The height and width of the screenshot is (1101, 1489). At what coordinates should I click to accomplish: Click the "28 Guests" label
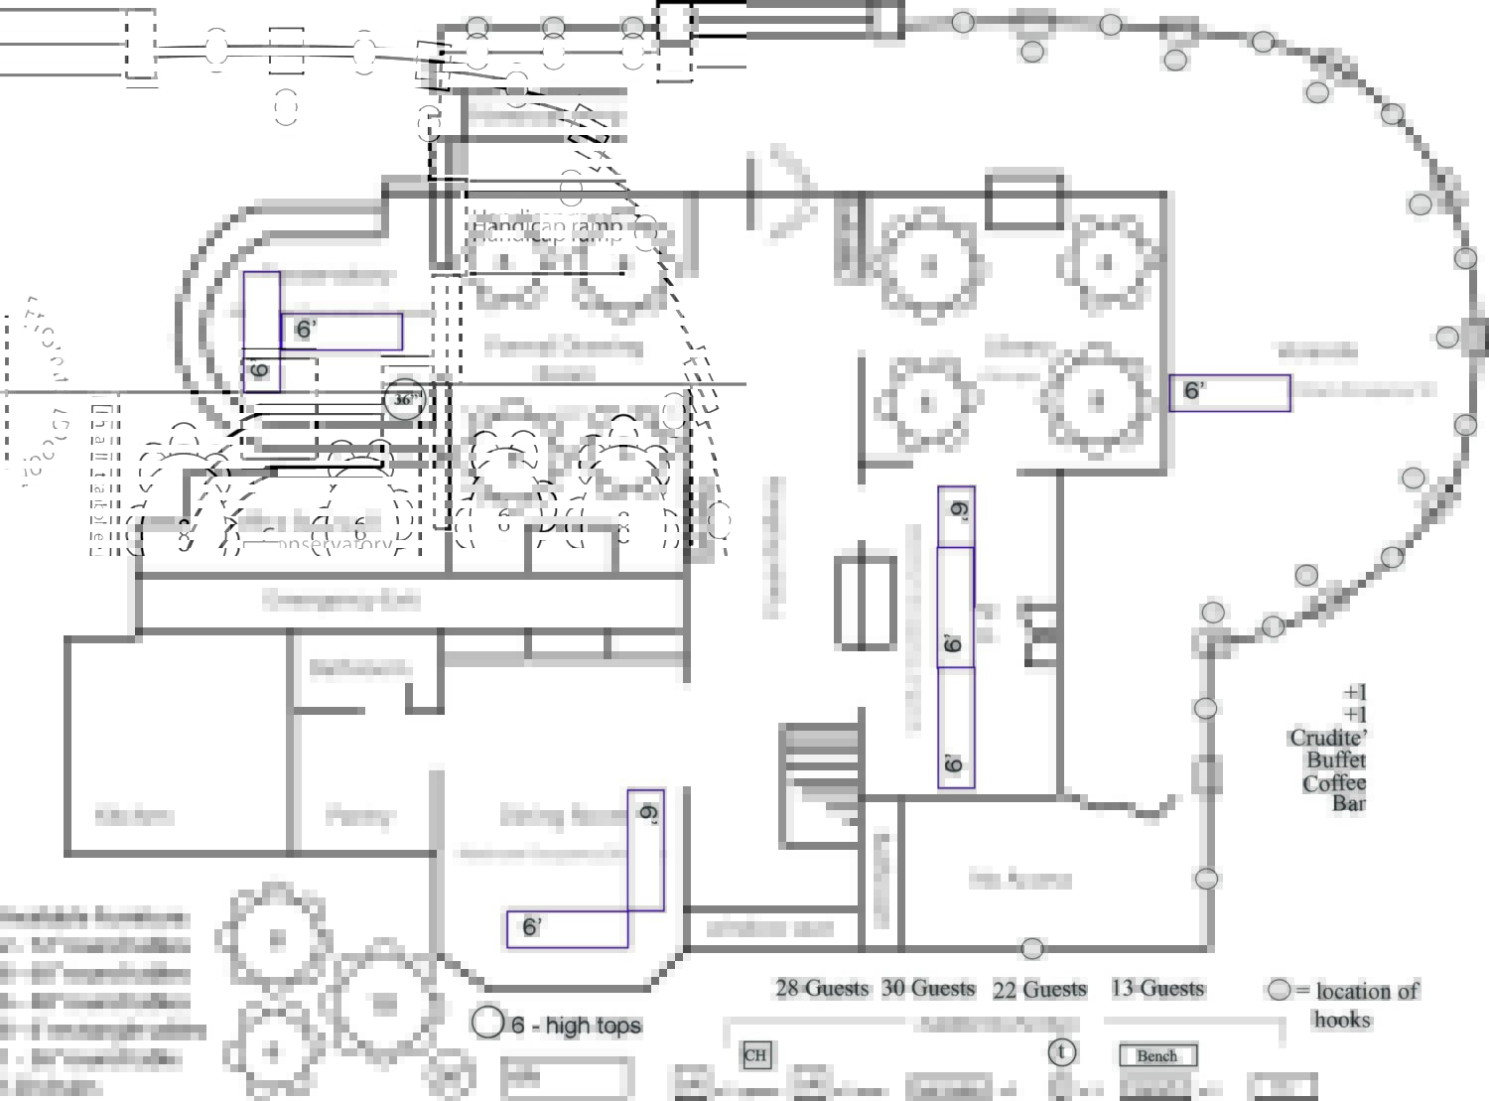pos(821,988)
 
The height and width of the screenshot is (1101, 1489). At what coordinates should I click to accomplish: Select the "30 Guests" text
pos(928,988)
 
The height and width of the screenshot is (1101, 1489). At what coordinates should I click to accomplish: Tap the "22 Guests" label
pos(1039,989)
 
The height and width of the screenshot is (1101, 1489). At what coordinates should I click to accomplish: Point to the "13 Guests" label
pos(1156,988)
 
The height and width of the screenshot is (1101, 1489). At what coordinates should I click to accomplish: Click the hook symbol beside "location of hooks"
pos(1279,990)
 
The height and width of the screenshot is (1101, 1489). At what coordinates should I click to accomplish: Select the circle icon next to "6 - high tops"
pos(487,1022)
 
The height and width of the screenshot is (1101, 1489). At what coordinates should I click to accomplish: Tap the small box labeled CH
pos(754,1054)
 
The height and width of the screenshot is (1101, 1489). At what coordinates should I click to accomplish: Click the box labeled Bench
pos(1157,1055)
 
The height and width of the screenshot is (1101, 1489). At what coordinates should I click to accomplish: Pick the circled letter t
pos(1061,1051)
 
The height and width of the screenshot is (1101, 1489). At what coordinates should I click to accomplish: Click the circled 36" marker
pos(404,399)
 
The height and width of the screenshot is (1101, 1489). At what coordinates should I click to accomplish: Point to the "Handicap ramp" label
pos(547,226)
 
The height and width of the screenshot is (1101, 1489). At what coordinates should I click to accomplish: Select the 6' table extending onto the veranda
pos(1230,393)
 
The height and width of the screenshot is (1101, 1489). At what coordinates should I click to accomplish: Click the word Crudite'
pos(1327,738)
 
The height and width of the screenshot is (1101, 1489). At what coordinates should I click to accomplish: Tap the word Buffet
pos(1335,759)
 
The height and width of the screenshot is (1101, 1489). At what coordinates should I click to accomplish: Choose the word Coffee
pos(1333,782)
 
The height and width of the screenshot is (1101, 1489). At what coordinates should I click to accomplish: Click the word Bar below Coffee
pos(1348,803)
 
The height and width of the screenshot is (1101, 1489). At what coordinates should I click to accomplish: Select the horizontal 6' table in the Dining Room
pos(567,928)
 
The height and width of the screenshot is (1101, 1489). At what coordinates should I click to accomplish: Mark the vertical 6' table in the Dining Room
pos(646,850)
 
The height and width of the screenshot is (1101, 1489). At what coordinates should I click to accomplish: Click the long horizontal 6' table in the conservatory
pos(341,332)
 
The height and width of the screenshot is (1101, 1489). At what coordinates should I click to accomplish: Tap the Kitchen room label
pos(135,816)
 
